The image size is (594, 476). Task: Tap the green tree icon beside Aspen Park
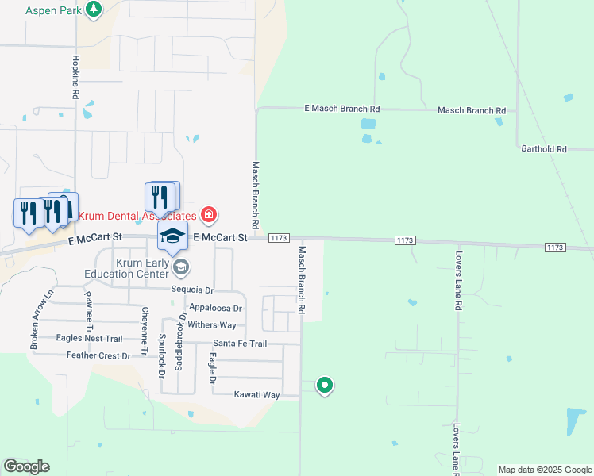tap(94, 10)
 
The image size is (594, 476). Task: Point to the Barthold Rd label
tap(544, 148)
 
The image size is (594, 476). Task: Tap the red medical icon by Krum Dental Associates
tap(209, 214)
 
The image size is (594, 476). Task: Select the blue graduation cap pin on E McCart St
tap(172, 236)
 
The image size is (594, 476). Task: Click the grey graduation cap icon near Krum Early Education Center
tap(181, 267)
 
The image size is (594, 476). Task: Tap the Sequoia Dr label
tap(193, 290)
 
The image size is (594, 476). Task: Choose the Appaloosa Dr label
tap(215, 308)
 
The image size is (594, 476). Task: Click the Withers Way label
tap(212, 325)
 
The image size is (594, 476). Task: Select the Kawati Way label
tap(256, 394)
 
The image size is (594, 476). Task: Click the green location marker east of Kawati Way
tap(324, 386)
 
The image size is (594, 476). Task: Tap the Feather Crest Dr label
tap(98, 355)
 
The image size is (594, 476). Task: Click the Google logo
tap(26, 466)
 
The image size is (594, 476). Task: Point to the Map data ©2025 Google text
tap(544, 470)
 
